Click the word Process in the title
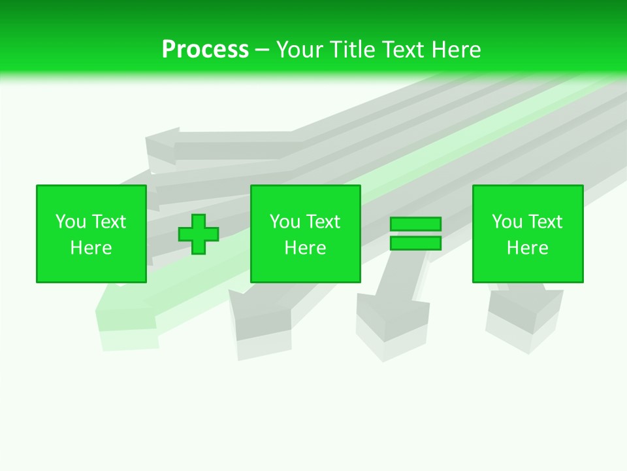click(205, 50)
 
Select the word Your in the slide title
click(300, 50)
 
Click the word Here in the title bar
click(455, 50)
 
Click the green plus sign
click(199, 234)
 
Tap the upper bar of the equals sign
click(415, 224)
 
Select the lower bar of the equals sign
click(415, 243)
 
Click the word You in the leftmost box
click(71, 222)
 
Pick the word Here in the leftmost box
click(91, 248)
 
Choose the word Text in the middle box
click(323, 222)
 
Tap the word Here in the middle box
click(305, 248)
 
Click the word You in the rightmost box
click(507, 222)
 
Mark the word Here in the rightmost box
click(527, 248)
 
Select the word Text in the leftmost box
click(108, 222)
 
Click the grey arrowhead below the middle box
click(261, 314)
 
